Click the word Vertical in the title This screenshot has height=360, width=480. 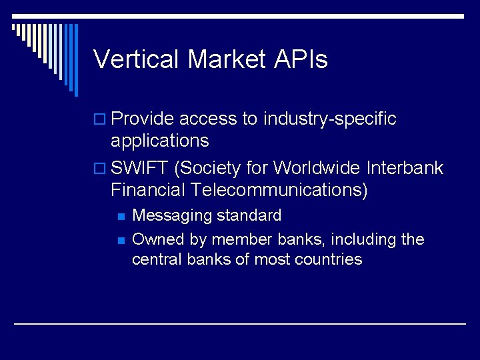coord(137,59)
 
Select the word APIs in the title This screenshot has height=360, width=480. coord(301,59)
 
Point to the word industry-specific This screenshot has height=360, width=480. coord(330,119)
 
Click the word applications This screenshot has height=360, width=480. coord(159,141)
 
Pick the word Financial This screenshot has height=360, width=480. coord(148,190)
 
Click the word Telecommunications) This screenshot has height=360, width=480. coord(279,190)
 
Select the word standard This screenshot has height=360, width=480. coord(249,216)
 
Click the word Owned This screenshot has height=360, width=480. coord(152,239)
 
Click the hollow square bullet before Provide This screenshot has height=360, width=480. coord(100,120)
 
